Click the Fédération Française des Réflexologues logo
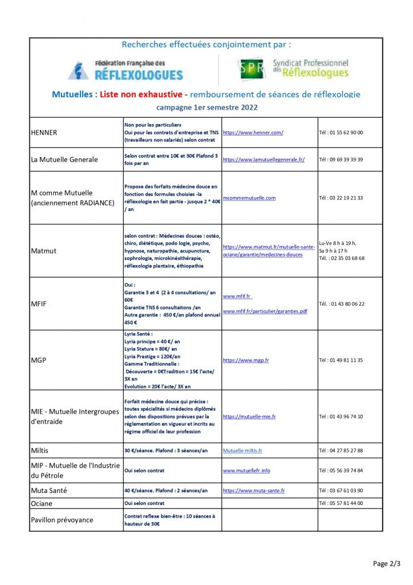(x=125, y=70)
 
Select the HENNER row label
(x=43, y=133)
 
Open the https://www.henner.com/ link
(x=253, y=133)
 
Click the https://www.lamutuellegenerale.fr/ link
(x=264, y=159)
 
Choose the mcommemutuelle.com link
(x=249, y=198)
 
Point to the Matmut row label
(x=44, y=251)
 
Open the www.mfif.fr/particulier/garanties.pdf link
(x=265, y=311)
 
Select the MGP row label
(x=39, y=360)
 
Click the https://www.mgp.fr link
(x=246, y=360)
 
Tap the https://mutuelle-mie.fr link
(x=249, y=416)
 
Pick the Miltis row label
(x=39, y=451)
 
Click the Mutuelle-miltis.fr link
(x=242, y=451)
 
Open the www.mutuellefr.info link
(x=246, y=471)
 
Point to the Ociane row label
(x=42, y=503)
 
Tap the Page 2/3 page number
(x=387, y=563)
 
